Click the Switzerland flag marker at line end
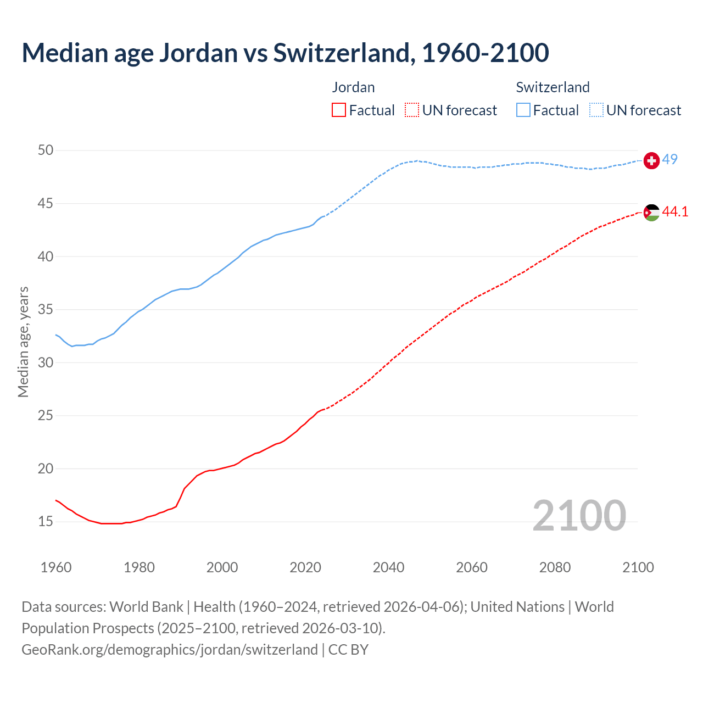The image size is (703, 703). click(651, 160)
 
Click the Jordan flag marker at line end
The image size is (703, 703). click(651, 213)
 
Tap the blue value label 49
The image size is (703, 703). click(669, 159)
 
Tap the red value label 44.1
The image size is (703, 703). click(675, 211)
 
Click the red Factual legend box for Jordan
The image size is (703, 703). click(339, 110)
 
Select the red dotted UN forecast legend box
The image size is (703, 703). click(412, 110)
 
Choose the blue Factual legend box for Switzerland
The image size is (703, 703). click(523, 110)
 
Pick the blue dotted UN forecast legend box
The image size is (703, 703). click(596, 110)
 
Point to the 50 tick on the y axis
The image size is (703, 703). click(46, 150)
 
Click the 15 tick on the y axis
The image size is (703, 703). click(46, 521)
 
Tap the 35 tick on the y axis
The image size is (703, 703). click(46, 309)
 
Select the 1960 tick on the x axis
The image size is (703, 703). click(56, 567)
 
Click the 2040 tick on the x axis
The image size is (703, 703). click(388, 567)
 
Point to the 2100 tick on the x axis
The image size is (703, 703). click(638, 567)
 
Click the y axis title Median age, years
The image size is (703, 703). click(23, 342)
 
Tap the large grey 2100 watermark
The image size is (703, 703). click(579, 515)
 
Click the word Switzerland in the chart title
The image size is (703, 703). click(341, 53)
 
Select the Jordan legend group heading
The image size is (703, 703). click(353, 87)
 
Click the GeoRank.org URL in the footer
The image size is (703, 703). click(169, 649)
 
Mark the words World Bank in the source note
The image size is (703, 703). click(146, 607)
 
